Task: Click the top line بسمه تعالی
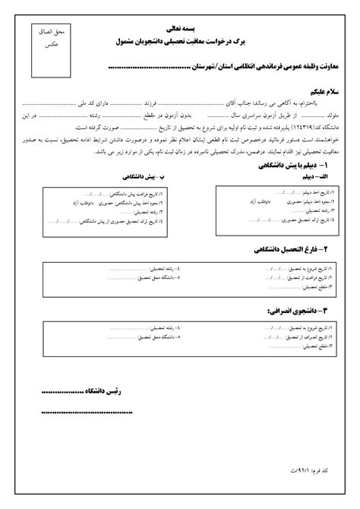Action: point(180,25)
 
